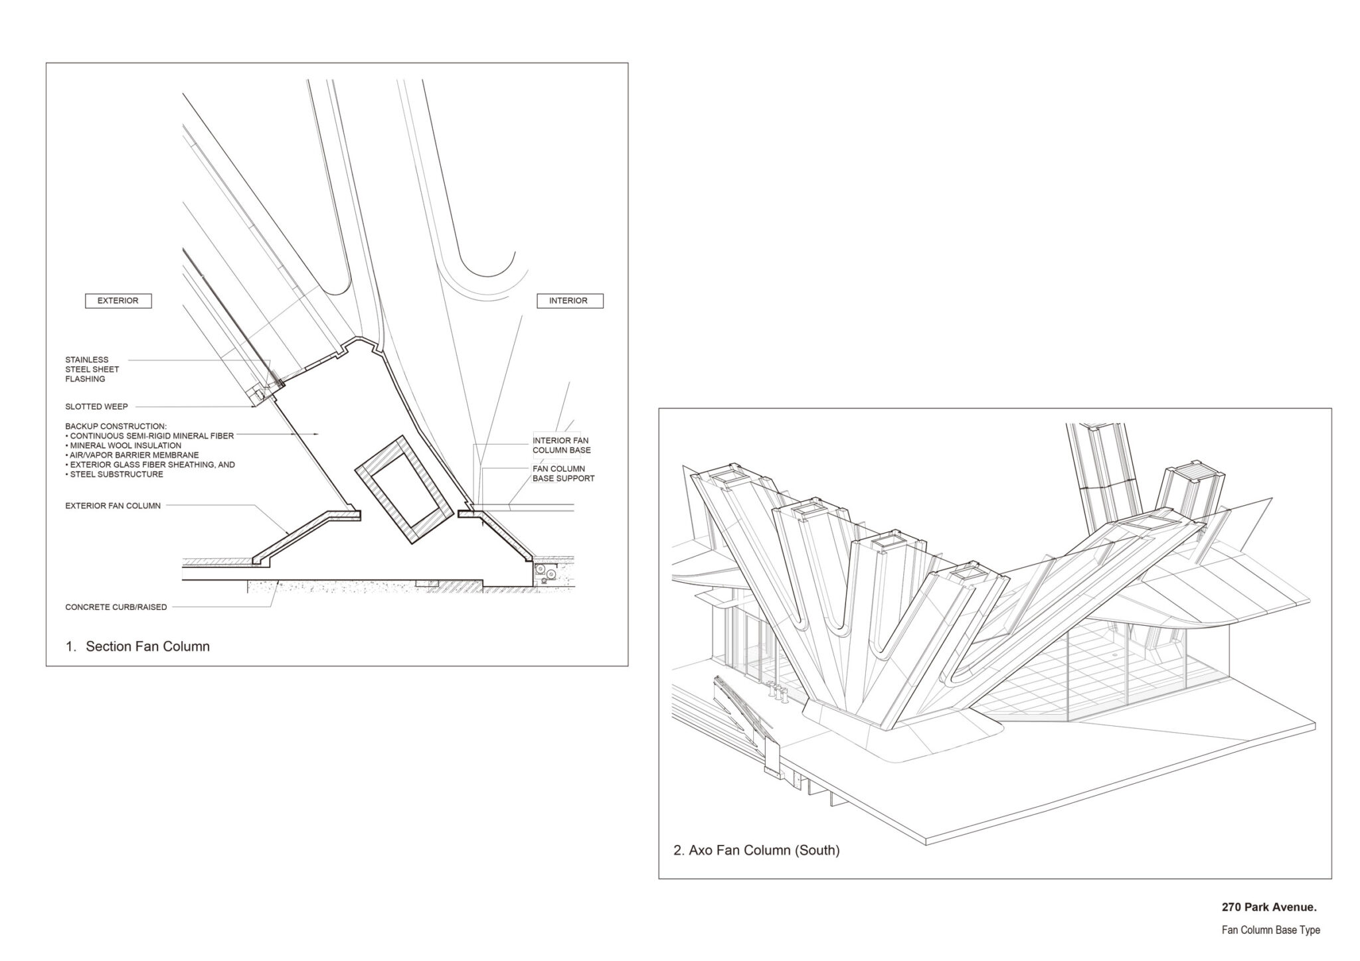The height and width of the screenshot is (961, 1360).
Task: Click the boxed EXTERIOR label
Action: click(x=118, y=301)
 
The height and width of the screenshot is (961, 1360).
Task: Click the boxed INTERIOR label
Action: click(x=568, y=301)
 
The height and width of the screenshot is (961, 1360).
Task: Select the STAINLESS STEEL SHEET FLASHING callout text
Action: click(x=92, y=370)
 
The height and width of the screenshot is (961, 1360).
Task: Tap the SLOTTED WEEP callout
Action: click(x=96, y=407)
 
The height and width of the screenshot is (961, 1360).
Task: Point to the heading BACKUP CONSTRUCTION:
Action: click(x=116, y=426)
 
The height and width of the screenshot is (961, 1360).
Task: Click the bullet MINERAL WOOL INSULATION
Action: click(x=124, y=445)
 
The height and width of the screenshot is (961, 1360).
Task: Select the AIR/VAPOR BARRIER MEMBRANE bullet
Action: click(x=133, y=455)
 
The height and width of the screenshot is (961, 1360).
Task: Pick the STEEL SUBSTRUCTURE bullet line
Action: click(x=114, y=475)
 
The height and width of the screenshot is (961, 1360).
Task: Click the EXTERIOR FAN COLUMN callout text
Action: click(x=113, y=506)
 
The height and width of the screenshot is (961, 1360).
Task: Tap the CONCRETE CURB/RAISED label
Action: click(x=116, y=607)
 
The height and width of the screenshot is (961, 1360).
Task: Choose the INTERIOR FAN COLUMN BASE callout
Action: click(x=562, y=445)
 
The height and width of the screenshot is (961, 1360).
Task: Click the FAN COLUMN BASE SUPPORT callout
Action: click(x=564, y=473)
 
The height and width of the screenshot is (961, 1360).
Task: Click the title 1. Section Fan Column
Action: click(x=138, y=646)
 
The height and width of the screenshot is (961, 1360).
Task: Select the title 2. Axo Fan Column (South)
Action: click(x=756, y=850)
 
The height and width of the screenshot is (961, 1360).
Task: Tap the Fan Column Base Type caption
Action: click(x=1270, y=930)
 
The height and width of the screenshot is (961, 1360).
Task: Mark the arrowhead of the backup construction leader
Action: click(x=316, y=435)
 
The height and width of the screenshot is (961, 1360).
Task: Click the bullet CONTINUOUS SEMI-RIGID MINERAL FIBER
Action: click(x=149, y=436)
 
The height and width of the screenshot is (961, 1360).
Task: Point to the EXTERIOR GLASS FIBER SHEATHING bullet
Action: click(x=150, y=465)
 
